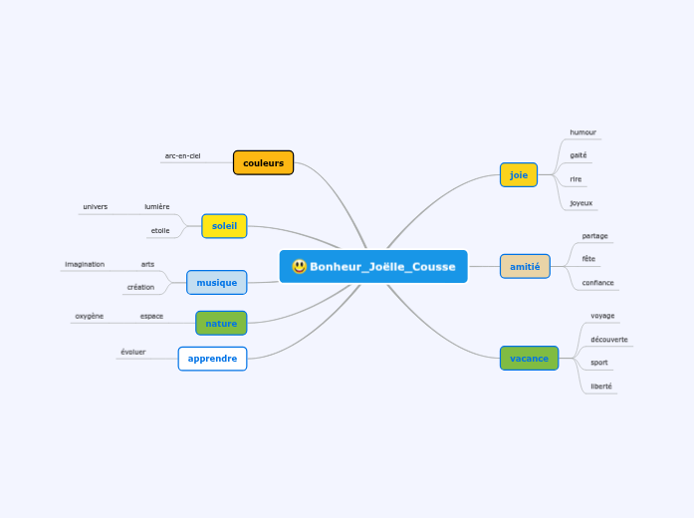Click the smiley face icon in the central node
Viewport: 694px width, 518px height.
[299, 267]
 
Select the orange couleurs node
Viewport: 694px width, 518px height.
[263, 162]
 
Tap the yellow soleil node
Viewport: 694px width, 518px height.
[224, 226]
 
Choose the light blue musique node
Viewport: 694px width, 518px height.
[216, 282]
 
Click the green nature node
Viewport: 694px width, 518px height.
[221, 323]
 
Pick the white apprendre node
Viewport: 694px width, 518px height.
[212, 359]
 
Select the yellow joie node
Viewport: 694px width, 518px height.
[518, 175]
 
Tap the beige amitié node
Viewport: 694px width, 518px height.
[524, 266]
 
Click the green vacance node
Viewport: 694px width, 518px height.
[529, 358]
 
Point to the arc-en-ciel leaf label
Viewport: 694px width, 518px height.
[182, 155]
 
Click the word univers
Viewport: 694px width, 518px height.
[96, 206]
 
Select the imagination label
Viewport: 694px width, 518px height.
[85, 264]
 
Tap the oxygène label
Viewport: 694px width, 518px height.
[89, 316]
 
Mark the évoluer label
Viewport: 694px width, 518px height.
[132, 352]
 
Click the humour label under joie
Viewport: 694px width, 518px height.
[582, 131]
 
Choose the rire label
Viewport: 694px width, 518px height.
[576, 179]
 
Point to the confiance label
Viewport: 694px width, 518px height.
[597, 283]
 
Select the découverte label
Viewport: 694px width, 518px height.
[608, 339]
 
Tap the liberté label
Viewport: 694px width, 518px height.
[601, 386]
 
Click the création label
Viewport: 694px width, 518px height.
[140, 287]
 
